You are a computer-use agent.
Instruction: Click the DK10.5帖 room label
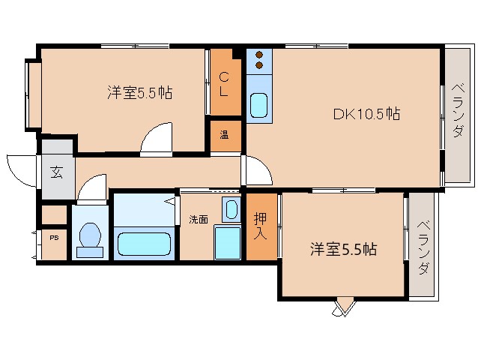(x=366, y=115)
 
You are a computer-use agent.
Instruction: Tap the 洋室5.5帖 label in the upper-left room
(x=140, y=93)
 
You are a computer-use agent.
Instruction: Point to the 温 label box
(x=224, y=136)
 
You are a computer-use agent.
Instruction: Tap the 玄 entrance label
(x=56, y=172)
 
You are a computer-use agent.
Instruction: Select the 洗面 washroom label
(x=199, y=220)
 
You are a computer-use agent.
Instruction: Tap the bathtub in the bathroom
(x=145, y=244)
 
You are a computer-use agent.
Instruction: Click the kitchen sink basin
(x=258, y=106)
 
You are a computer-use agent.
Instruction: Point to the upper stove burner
(x=258, y=55)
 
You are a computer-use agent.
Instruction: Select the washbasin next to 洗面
(x=232, y=209)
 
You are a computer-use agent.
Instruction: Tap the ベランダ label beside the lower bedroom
(x=423, y=247)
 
